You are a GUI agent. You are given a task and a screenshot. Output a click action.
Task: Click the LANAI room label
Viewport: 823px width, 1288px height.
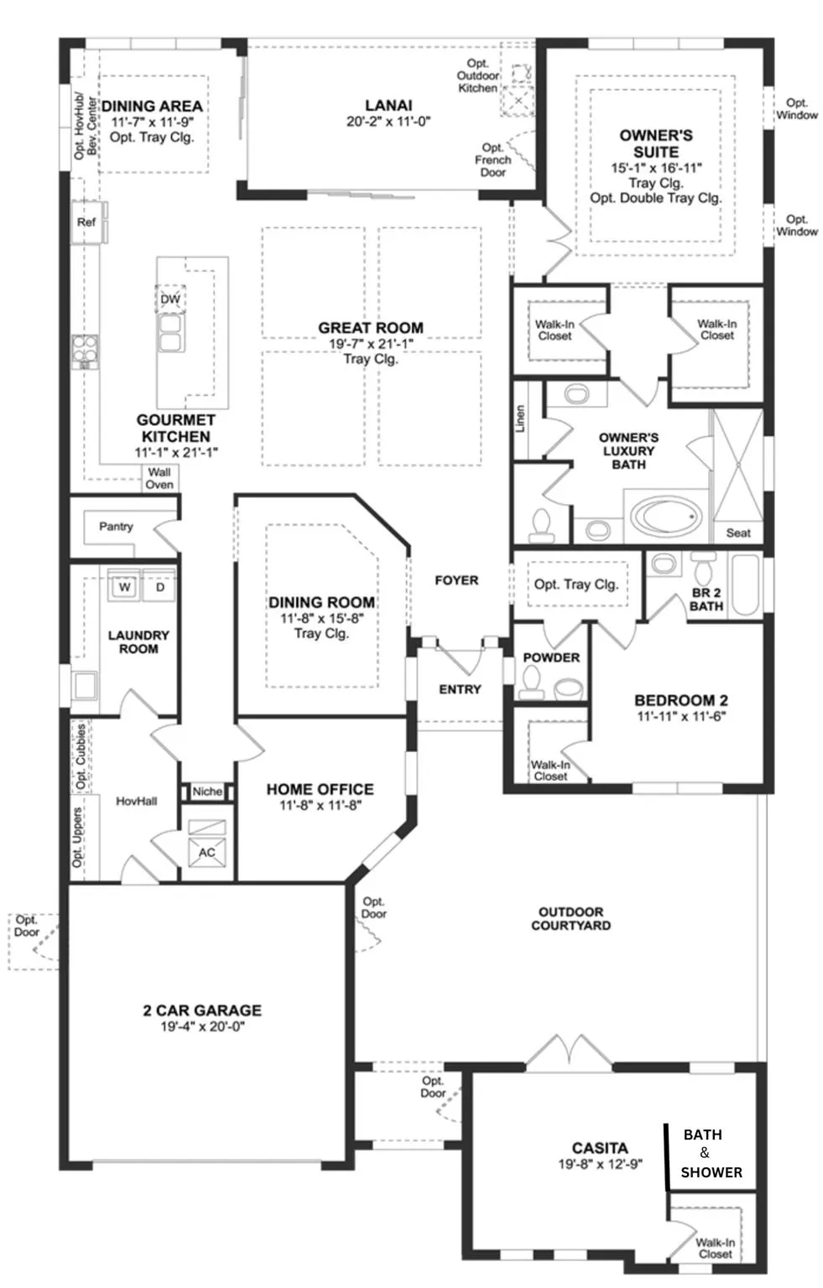click(x=388, y=106)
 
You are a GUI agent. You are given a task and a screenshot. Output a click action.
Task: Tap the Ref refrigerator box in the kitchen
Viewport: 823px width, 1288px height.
click(x=88, y=222)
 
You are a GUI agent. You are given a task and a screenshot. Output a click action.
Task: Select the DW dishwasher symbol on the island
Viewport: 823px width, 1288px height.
click(x=170, y=299)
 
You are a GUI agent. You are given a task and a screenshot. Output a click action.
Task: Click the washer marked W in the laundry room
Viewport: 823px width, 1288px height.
click(x=124, y=586)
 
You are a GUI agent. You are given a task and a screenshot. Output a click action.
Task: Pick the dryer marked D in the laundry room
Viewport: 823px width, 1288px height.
click(x=159, y=586)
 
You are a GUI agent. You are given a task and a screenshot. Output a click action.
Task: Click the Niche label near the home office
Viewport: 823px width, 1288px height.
click(x=207, y=792)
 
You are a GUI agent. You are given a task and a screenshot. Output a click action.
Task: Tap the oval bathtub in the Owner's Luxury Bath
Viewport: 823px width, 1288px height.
click(x=666, y=515)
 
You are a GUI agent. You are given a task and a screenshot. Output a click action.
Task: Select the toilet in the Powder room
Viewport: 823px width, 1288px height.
click(x=532, y=683)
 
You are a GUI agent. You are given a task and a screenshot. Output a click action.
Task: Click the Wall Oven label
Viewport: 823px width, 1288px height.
click(x=159, y=479)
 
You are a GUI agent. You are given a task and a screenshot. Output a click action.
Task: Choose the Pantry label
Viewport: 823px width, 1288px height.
click(x=116, y=526)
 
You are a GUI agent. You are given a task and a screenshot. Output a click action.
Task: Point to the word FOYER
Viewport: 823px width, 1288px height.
click(x=456, y=580)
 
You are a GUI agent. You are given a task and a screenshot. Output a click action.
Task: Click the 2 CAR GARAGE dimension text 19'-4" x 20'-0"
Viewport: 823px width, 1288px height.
click(x=202, y=1026)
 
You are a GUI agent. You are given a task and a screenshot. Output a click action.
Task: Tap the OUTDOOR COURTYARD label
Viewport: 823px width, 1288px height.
click(x=571, y=918)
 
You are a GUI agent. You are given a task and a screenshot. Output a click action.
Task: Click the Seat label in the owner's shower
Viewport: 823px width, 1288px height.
click(x=738, y=533)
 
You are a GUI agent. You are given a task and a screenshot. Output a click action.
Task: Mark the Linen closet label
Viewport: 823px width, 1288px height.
click(x=520, y=418)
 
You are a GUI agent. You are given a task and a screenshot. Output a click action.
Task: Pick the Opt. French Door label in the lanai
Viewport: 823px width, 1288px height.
click(x=493, y=160)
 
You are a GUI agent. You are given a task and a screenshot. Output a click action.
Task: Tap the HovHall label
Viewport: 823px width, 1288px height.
click(x=136, y=801)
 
